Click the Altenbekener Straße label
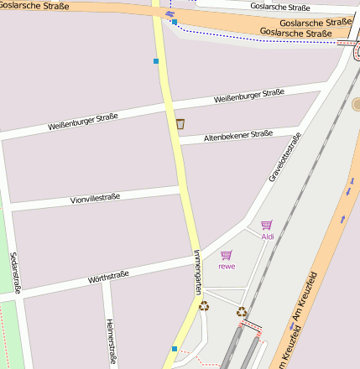click(x=239, y=135)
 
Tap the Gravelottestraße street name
click(x=284, y=163)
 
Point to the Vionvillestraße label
click(x=95, y=199)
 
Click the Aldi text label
click(x=268, y=236)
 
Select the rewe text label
click(x=227, y=266)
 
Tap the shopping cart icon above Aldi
click(x=266, y=225)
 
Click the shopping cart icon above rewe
click(x=226, y=255)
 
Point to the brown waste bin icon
click(x=180, y=124)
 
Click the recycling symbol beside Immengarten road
click(x=204, y=306)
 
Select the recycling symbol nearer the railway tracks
click(x=242, y=312)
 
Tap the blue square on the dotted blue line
click(x=175, y=22)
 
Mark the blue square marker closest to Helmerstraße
click(x=175, y=348)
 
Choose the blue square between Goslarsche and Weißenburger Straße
click(x=156, y=60)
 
